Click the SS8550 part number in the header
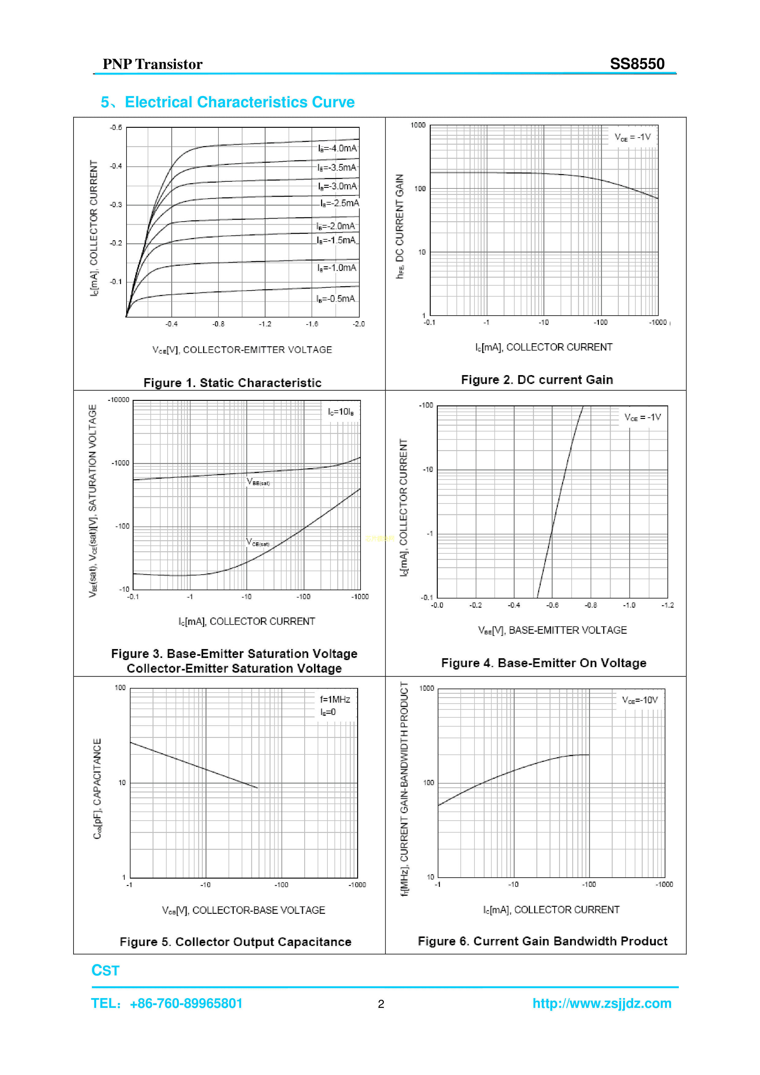coord(637,64)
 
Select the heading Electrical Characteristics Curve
coord(240,102)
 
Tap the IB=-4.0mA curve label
coord(337,148)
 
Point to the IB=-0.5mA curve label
coord(335,299)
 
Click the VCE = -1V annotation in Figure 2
coord(633,137)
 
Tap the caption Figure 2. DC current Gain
coord(537,379)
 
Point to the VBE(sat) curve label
coord(258,482)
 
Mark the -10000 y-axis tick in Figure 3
coord(119,400)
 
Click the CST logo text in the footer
coord(105,971)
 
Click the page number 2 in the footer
coord(381,1004)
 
